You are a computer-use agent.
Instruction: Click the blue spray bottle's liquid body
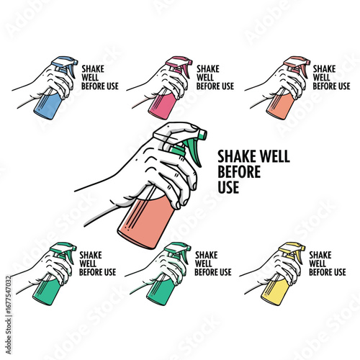[48, 106]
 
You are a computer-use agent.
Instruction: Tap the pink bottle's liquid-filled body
[162, 106]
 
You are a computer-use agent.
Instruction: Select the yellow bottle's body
[274, 292]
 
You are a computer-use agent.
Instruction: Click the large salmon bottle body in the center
[146, 222]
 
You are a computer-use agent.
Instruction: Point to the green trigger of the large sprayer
[194, 153]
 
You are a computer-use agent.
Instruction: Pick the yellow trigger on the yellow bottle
[298, 257]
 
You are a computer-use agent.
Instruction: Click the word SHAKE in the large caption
[237, 156]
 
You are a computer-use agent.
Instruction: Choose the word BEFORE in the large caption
[239, 171]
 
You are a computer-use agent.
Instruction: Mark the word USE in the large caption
[228, 187]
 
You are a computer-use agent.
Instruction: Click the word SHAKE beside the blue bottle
[93, 69]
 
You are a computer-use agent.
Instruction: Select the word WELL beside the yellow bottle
[318, 264]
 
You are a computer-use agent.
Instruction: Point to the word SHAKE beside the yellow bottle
[320, 255]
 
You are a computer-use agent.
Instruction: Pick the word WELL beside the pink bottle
[205, 78]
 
